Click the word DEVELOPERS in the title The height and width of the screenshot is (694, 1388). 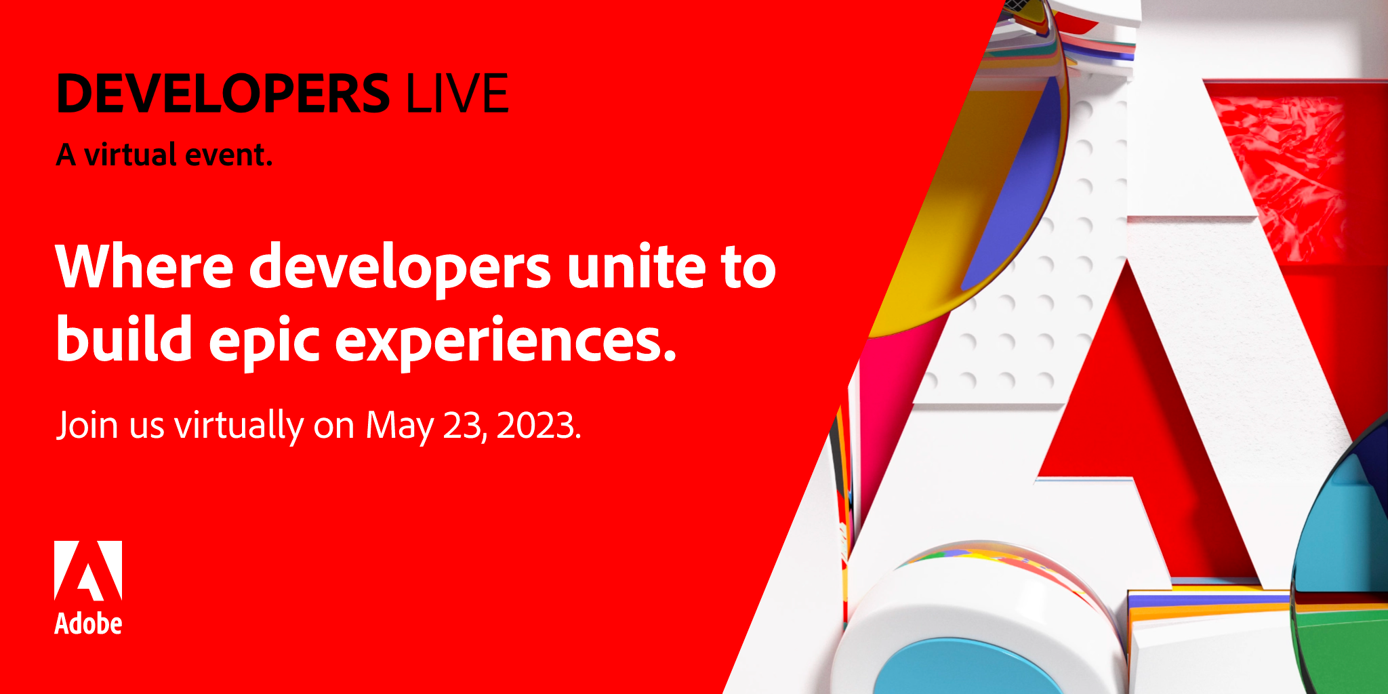tap(224, 94)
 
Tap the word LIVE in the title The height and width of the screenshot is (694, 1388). tap(457, 94)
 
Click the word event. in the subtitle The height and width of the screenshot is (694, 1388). tap(228, 155)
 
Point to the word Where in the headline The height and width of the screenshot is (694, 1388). tap(144, 266)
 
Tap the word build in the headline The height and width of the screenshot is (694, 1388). tap(124, 338)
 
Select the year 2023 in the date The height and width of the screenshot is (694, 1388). tap(536, 426)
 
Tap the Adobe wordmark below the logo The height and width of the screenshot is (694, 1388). tap(88, 624)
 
